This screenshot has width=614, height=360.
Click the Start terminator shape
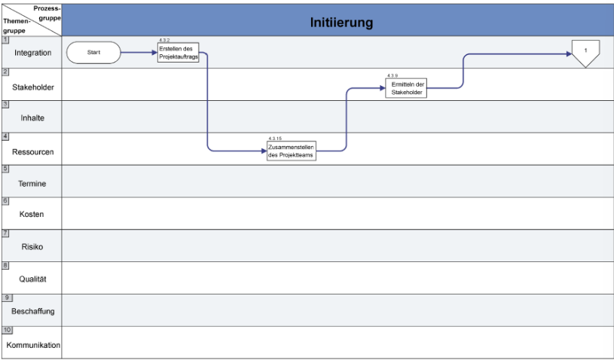point(93,53)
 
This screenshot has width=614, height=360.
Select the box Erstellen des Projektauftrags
point(179,53)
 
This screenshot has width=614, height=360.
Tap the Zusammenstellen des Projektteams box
point(292,151)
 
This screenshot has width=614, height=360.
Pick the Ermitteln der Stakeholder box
point(406,88)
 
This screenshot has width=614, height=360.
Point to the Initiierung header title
point(341,23)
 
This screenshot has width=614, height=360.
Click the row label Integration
point(33,53)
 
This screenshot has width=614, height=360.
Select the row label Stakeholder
point(33,87)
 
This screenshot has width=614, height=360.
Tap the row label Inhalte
point(32,117)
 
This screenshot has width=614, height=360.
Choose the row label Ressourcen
point(33,152)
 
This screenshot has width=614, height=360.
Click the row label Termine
point(32,184)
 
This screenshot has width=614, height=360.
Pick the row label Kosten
point(32,214)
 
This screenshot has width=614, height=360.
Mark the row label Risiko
point(32,247)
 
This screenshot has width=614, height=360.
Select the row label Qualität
point(33,279)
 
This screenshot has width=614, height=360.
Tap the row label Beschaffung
point(33,312)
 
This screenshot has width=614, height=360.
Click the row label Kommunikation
point(33,345)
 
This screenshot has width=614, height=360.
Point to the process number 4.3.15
point(275,139)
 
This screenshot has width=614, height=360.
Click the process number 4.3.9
point(393,75)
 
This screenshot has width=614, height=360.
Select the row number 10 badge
point(8,331)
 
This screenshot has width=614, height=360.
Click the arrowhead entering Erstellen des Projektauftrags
point(154,53)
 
